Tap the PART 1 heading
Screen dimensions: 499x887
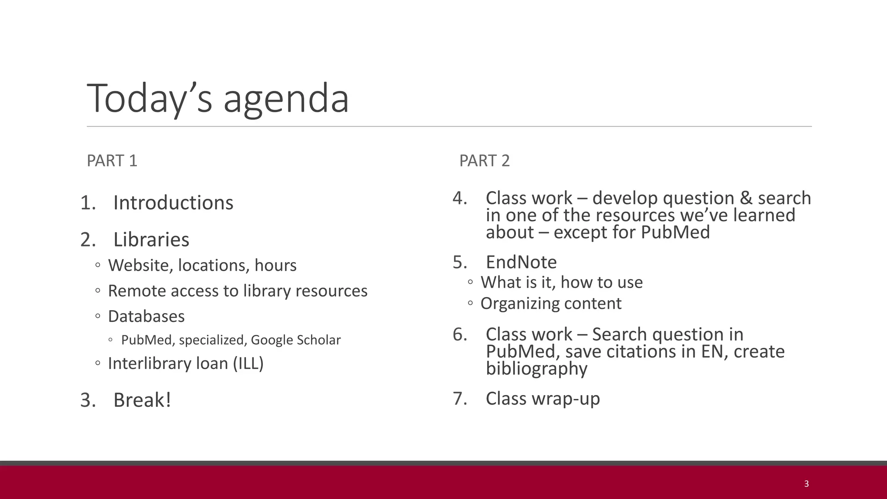coord(112,161)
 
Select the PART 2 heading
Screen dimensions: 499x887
coord(484,161)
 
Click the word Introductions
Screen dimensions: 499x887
coord(173,203)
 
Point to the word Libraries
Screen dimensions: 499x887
coord(151,240)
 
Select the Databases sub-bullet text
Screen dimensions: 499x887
coord(146,316)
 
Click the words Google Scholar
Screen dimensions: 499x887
coord(295,340)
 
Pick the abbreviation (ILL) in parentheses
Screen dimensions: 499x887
coord(248,363)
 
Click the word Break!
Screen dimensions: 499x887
coord(142,400)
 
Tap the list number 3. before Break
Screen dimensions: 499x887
coord(88,400)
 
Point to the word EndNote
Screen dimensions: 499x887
coord(521,262)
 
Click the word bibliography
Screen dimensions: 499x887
coord(537,369)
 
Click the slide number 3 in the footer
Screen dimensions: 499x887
coord(806,484)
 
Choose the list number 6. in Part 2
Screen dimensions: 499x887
coord(460,334)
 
